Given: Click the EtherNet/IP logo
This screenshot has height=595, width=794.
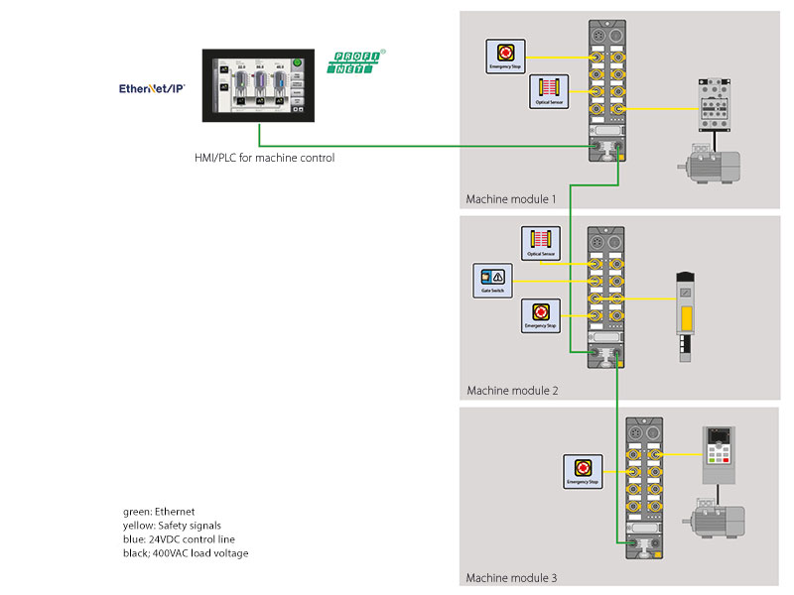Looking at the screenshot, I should click(152, 88).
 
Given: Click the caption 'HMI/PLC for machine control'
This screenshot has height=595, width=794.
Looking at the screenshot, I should click(264, 157).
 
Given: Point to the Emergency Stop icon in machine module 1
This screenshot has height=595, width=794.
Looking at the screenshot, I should click(503, 55).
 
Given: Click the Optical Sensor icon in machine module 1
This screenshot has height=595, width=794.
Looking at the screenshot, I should click(548, 91).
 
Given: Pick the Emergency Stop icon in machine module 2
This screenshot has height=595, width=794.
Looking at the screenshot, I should click(541, 316).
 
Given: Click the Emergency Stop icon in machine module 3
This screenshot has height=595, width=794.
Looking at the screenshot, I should click(583, 470).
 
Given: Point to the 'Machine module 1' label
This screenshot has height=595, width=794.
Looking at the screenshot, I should click(511, 198).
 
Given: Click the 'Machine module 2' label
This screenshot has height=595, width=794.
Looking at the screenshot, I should click(512, 391).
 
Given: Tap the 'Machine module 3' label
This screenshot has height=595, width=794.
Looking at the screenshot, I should click(512, 578).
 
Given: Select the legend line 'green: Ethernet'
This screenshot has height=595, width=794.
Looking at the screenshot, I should click(159, 512).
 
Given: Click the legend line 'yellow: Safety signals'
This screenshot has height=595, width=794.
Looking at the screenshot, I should click(173, 526).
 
